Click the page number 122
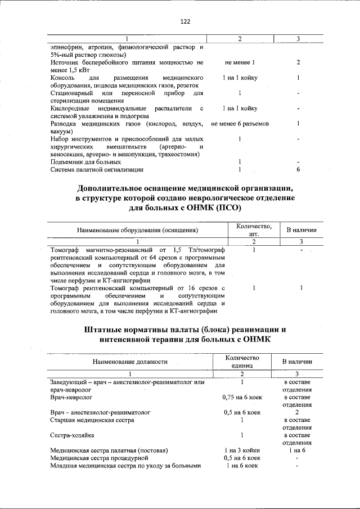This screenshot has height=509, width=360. click(185, 21)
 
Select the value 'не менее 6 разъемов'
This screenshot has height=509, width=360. click(240, 123)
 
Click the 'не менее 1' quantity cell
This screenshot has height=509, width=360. click(240, 62)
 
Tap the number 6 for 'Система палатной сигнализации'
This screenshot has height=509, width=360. click(298, 169)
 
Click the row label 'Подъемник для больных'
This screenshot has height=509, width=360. click(82, 161)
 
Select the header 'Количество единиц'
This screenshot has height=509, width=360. click(241, 361)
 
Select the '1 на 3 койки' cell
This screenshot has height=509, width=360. click(241, 451)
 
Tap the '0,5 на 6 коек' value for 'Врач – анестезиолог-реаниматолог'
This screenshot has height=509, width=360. click(241, 412)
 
